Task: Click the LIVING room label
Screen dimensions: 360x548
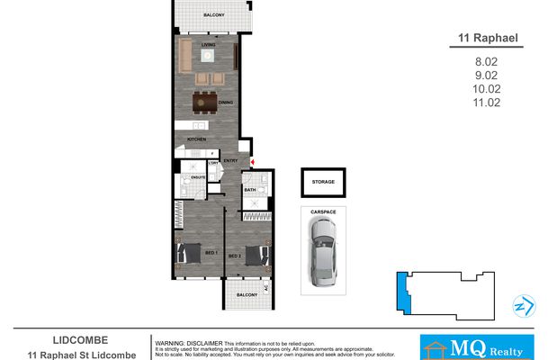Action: pyautogui.click(x=208, y=42)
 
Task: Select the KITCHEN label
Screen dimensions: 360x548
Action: pyautogui.click(x=196, y=139)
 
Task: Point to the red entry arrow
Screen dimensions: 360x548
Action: pyautogui.click(x=254, y=163)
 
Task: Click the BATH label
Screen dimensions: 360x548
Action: pyautogui.click(x=249, y=190)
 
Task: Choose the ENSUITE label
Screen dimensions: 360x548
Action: pyautogui.click(x=198, y=176)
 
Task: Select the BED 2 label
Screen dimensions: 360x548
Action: pyautogui.click(x=234, y=256)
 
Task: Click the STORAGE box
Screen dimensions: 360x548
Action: pyautogui.click(x=323, y=183)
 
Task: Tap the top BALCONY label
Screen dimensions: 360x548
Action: pyautogui.click(x=213, y=16)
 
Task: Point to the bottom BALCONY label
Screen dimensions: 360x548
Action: pyautogui.click(x=247, y=295)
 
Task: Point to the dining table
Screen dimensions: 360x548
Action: pyautogui.click(x=204, y=102)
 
